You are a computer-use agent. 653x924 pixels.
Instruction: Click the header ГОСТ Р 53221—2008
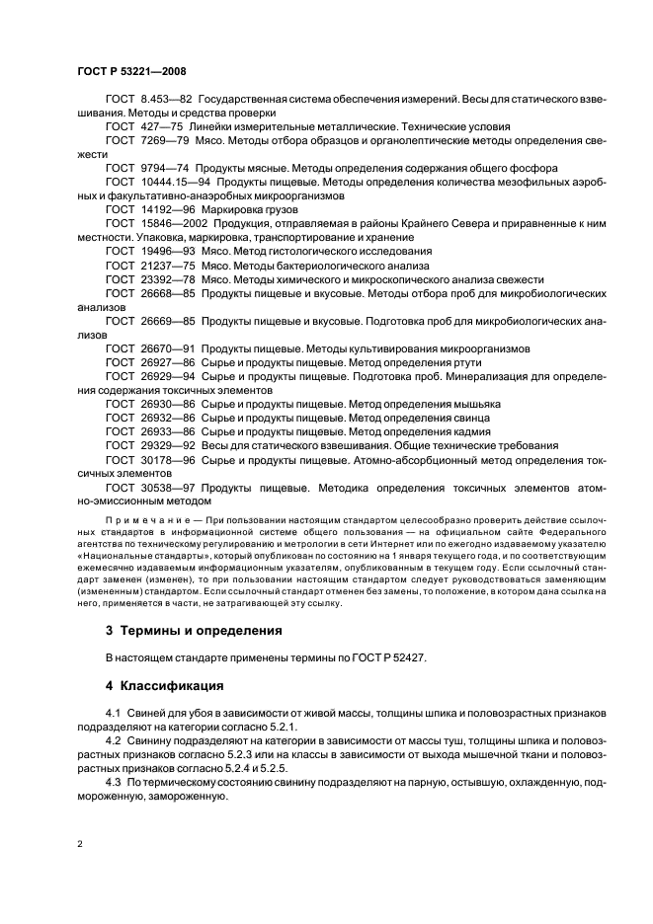pos(131,71)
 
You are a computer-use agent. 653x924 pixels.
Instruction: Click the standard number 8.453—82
pos(166,100)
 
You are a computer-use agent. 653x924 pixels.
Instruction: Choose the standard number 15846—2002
pos(173,224)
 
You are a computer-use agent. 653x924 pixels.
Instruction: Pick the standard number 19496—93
pos(169,252)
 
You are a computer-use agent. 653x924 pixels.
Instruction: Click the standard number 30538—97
pos(169,487)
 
